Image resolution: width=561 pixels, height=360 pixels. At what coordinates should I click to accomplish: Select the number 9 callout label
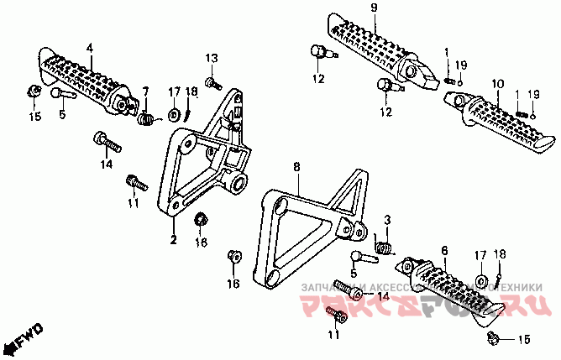(x=374, y=8)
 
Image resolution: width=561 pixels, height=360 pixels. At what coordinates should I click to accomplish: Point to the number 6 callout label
(x=444, y=249)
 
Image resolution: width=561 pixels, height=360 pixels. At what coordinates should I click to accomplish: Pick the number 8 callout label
(x=296, y=168)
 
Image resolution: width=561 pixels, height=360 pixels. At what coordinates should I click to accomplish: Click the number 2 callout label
(x=173, y=241)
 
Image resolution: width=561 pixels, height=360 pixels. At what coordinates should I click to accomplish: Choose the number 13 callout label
(x=212, y=57)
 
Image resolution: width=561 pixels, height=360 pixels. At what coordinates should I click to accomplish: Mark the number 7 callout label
(x=144, y=91)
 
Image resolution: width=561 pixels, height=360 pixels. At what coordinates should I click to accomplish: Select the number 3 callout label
(x=387, y=220)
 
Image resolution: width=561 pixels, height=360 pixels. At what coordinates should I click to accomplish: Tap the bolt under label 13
(x=213, y=82)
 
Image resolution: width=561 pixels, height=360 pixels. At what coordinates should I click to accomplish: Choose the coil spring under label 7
(x=147, y=119)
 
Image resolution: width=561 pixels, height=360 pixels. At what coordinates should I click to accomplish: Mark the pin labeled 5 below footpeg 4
(x=66, y=94)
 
